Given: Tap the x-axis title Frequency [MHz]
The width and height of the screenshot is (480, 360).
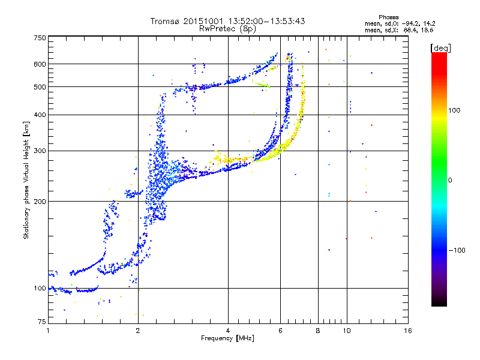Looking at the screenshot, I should (227, 339).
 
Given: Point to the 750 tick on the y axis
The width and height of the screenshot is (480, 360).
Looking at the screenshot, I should (40, 37).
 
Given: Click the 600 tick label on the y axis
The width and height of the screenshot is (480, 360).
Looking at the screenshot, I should (40, 64).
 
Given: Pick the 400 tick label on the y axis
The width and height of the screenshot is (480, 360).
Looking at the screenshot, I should (40, 115).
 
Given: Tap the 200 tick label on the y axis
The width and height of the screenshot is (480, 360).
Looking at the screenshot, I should (40, 201).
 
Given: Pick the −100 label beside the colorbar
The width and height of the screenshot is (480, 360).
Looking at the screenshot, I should (457, 250).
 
